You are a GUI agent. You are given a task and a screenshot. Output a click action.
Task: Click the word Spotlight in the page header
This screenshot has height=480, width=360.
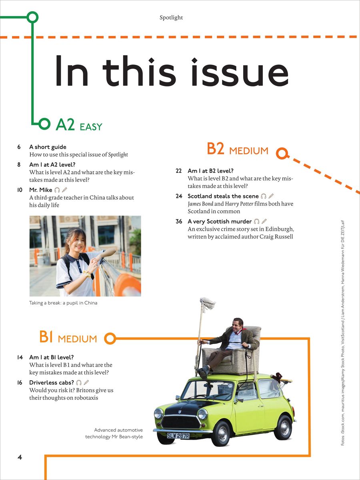tap(171, 18)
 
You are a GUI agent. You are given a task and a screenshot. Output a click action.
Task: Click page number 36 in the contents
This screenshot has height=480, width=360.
tap(179, 222)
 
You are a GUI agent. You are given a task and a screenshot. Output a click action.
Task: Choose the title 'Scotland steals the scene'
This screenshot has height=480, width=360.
tap(223, 196)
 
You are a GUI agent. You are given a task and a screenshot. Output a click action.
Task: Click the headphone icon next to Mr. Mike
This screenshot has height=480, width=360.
tap(57, 190)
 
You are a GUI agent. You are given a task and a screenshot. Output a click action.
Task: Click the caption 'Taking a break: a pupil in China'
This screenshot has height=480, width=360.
tap(63, 303)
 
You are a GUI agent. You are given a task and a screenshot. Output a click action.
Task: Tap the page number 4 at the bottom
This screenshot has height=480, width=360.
tap(20, 457)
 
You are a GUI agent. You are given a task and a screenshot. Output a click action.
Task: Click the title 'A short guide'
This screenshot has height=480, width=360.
tap(48, 147)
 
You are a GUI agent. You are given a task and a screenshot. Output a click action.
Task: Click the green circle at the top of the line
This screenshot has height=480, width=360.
tap(32, 17)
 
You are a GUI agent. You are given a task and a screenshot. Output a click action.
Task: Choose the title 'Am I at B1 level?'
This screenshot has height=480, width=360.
tap(51, 357)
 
